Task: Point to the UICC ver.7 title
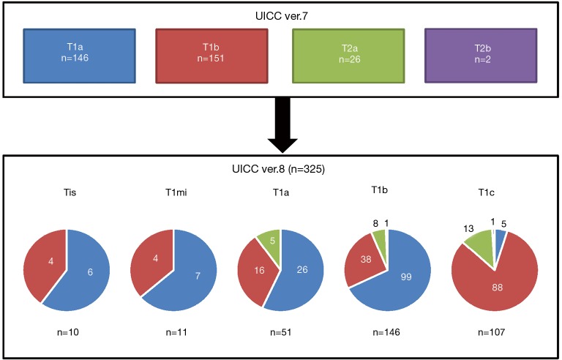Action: click(x=280, y=14)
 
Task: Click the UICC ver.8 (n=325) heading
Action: click(x=280, y=166)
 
